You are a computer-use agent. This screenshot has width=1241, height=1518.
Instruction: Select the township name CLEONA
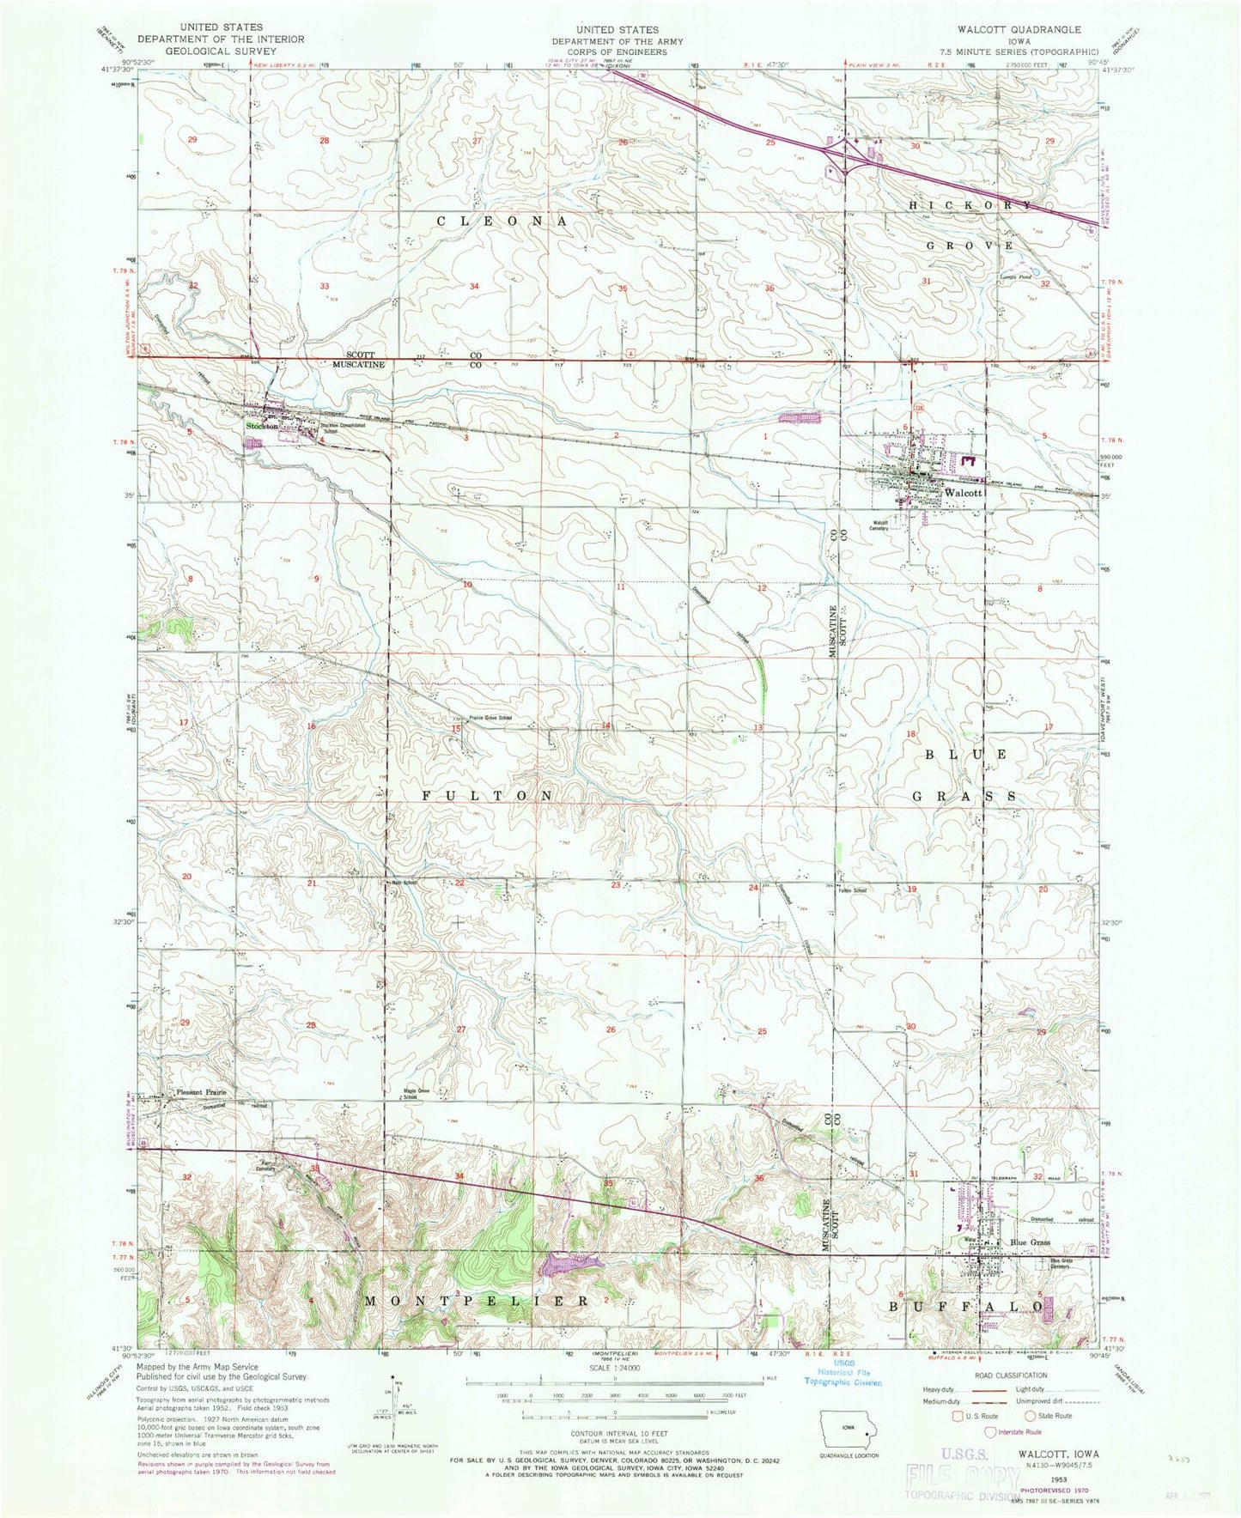[x=502, y=222]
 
